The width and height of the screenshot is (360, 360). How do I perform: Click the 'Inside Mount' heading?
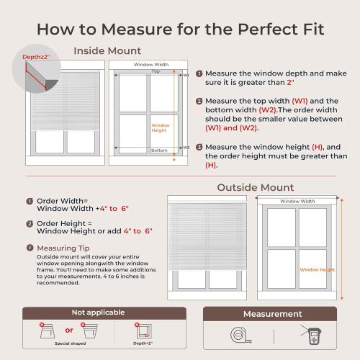pos(107,50)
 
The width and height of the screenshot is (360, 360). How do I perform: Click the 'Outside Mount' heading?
pos(256,187)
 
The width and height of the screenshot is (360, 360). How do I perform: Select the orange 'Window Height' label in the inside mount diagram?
pos(160,127)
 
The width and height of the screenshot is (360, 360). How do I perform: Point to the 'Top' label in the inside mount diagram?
pos(156,71)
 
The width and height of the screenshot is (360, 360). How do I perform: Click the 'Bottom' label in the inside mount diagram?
pos(159,150)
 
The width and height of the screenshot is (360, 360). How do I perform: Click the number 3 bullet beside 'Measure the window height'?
pos(199,147)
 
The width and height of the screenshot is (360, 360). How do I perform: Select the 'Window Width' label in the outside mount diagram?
pos(297,201)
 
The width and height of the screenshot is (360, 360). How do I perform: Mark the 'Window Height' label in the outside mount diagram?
pos(317,269)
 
